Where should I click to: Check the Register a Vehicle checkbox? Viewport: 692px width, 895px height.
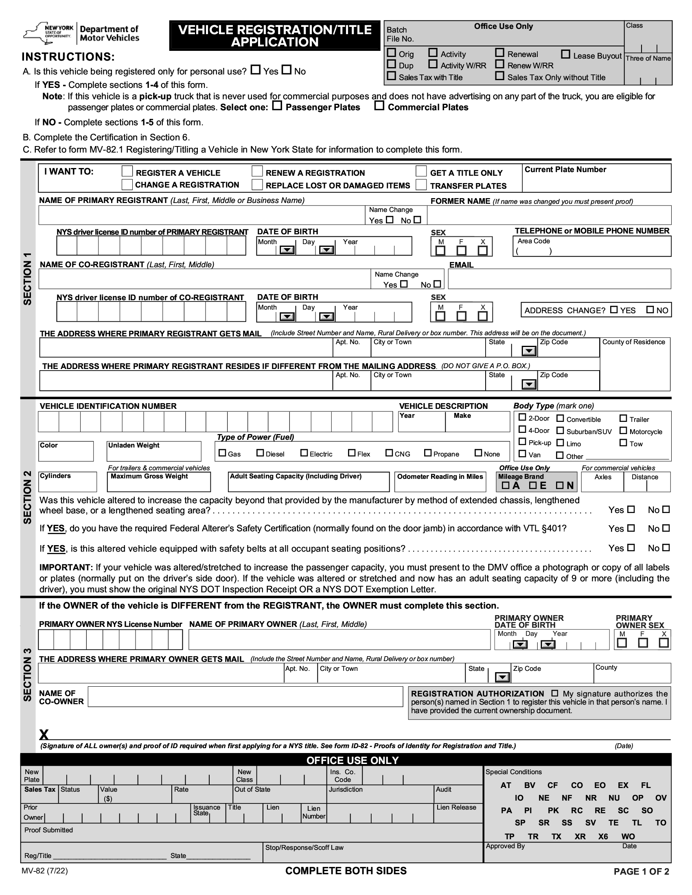[127, 171]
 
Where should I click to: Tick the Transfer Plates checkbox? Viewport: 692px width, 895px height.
[421, 185]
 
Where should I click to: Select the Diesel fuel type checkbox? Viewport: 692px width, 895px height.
[260, 453]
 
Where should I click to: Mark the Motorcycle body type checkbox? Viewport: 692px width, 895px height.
[623, 431]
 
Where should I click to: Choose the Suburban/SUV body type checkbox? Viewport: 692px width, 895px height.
[560, 431]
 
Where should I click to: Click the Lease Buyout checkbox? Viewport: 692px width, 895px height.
[566, 54]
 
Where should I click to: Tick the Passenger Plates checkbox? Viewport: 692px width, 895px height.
[278, 106]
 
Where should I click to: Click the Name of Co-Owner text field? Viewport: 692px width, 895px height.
[245, 696]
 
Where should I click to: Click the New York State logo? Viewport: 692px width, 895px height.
[48, 33]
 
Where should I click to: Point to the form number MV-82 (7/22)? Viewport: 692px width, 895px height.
[45, 871]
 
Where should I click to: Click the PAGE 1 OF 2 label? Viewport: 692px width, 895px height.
[641, 872]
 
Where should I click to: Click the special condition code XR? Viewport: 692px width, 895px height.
[580, 836]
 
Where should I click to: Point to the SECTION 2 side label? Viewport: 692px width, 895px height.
[27, 497]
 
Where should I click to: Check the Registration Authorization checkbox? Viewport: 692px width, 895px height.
[555, 693]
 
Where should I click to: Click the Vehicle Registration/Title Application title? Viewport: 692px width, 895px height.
[275, 36]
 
